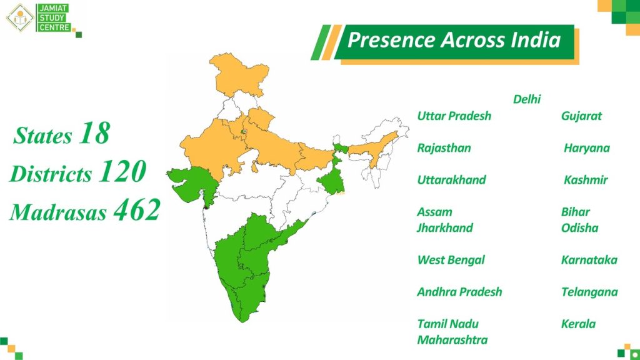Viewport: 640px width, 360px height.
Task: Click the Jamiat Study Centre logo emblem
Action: [19, 17]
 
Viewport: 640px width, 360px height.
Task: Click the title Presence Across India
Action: [454, 40]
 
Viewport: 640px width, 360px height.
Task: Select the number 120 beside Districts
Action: [122, 171]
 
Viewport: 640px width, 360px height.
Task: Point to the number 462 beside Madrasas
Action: [137, 210]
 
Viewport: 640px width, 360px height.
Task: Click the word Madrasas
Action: [58, 212]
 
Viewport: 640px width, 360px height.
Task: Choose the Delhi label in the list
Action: [527, 99]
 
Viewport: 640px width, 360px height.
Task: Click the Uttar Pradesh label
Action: [454, 116]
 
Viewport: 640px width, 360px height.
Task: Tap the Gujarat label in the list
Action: [581, 116]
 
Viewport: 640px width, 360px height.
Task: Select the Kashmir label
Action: [586, 179]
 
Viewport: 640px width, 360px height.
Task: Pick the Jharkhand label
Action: [444, 227]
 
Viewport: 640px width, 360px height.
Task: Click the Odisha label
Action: [579, 227]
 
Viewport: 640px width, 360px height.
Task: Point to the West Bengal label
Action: [451, 260]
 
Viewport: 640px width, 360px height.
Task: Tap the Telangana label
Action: [589, 292]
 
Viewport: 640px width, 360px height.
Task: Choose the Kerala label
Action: [578, 324]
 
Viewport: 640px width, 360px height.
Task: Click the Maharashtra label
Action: [452, 339]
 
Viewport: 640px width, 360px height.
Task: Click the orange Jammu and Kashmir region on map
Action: [238, 74]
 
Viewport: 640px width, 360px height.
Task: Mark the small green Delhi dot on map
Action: [244, 132]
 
